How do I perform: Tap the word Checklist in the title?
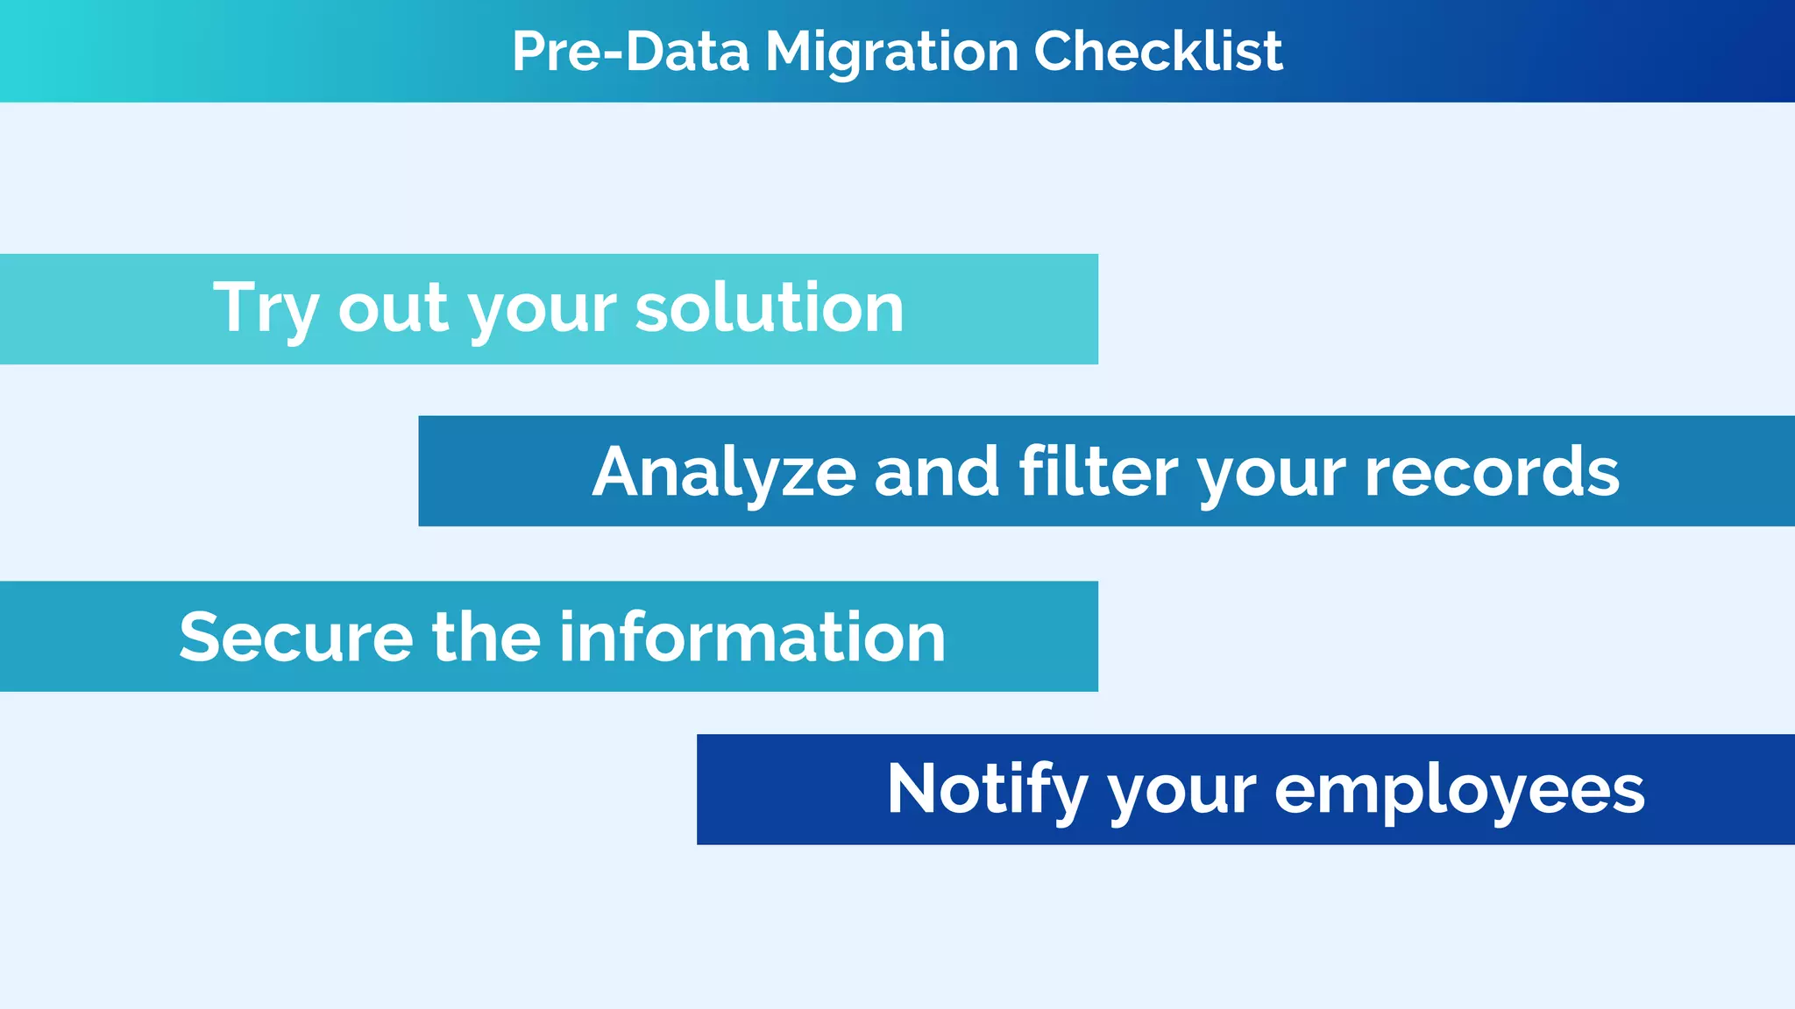coord(1158,51)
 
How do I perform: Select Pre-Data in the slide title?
coord(630,51)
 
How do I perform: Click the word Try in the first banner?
coord(266,309)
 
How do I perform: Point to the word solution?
coord(769,307)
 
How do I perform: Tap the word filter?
coord(1098,471)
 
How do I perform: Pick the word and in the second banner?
coord(937,471)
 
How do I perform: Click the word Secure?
coord(295,637)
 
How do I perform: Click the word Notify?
coord(987,789)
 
